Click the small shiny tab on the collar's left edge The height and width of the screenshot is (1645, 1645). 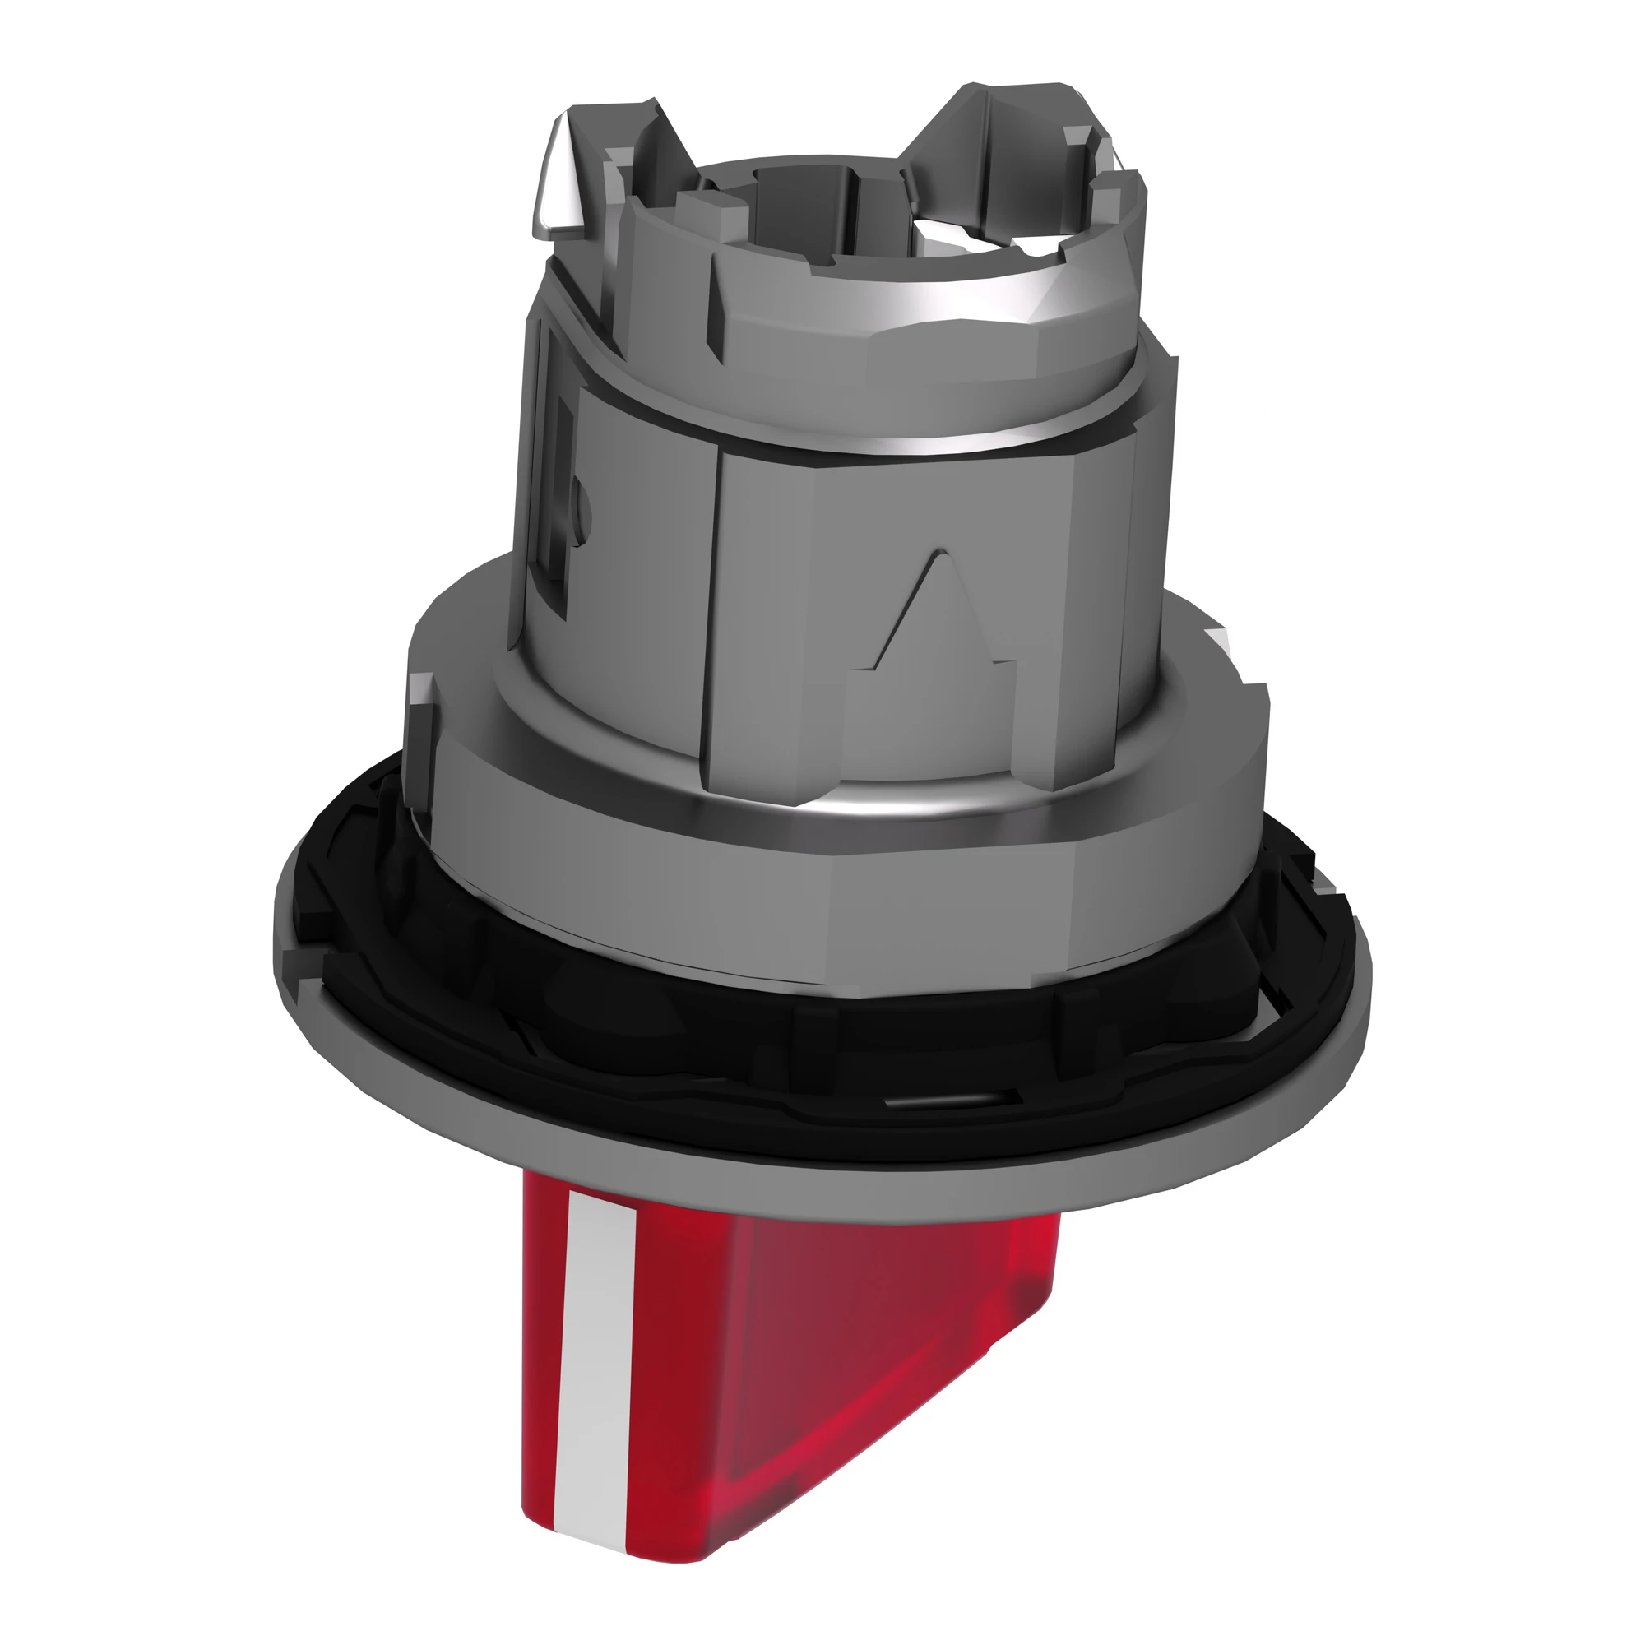coord(419,690)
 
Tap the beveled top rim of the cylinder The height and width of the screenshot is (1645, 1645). coord(937,332)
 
